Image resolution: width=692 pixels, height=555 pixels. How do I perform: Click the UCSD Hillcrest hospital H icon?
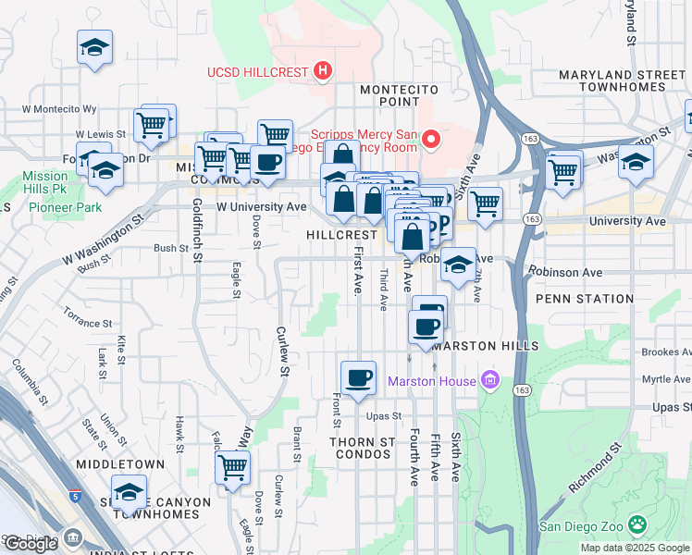323,70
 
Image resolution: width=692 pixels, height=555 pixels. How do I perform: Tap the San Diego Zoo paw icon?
637,524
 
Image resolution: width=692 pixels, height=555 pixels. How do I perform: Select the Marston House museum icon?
489,380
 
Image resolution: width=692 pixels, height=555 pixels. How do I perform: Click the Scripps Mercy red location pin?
431,140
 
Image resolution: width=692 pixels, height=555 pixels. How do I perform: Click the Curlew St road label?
282,351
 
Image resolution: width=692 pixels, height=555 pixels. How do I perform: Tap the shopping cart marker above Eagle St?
232,468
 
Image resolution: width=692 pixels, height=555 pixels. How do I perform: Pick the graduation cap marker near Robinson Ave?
457,265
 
